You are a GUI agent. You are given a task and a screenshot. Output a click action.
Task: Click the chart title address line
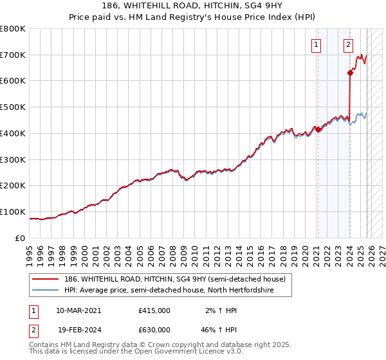coord(193,4)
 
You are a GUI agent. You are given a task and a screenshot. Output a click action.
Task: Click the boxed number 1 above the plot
coord(317,45)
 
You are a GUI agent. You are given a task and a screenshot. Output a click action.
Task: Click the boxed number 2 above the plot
coord(348,45)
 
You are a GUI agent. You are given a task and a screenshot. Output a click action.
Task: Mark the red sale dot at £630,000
coord(350,73)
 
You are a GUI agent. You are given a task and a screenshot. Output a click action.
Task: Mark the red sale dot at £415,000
coord(318,129)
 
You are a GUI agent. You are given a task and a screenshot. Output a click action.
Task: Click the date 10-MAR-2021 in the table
coord(78,310)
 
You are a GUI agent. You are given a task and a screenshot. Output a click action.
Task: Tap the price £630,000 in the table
coord(154,330)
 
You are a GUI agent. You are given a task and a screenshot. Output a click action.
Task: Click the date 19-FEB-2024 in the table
coord(78,330)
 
